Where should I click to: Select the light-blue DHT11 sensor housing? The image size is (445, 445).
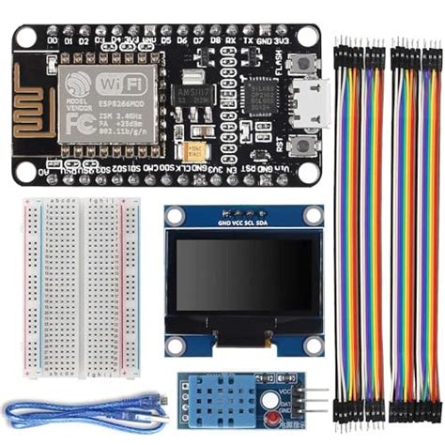tap(218, 399)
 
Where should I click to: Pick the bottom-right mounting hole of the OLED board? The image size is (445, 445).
tap(314, 345)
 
